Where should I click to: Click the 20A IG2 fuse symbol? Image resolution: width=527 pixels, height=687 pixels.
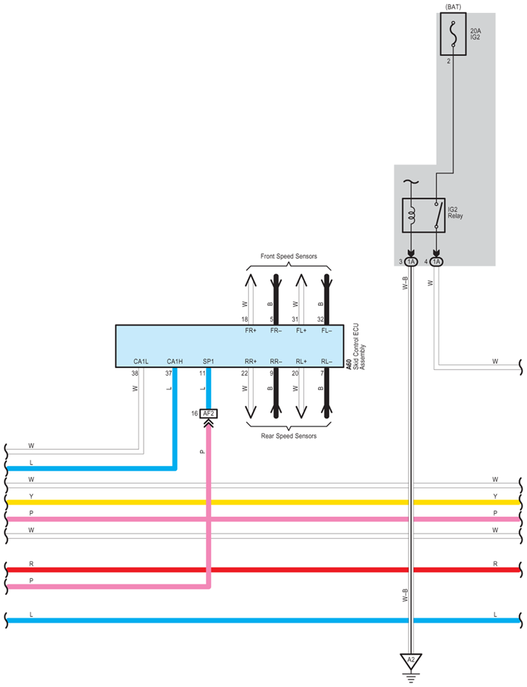(x=453, y=34)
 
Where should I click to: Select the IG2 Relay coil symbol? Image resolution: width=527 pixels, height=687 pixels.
(x=411, y=215)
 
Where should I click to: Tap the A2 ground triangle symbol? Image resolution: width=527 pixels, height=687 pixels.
(x=411, y=661)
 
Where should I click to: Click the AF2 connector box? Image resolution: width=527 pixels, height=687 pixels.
(x=208, y=413)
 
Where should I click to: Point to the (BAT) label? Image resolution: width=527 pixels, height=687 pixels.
(x=453, y=7)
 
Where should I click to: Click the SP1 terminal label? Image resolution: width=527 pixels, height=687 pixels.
(x=208, y=361)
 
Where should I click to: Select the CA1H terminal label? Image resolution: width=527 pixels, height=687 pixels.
(x=175, y=361)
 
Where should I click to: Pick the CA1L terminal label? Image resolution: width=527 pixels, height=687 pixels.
(x=141, y=361)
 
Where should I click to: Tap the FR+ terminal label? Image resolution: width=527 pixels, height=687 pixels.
(x=251, y=331)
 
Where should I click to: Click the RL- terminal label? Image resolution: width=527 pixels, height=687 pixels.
(x=327, y=361)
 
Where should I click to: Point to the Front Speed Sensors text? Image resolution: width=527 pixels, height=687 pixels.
(x=289, y=256)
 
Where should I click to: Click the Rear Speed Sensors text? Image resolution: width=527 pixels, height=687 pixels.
(x=289, y=436)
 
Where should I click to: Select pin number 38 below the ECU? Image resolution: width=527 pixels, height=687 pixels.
(x=135, y=373)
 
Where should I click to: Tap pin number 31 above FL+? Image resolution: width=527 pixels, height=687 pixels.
(x=295, y=319)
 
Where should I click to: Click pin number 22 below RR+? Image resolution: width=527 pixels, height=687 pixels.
(x=245, y=373)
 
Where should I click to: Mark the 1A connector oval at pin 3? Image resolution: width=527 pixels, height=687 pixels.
(x=411, y=262)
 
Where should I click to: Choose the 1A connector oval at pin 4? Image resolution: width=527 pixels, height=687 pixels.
(x=436, y=262)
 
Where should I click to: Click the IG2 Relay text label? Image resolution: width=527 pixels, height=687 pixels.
(x=455, y=213)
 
